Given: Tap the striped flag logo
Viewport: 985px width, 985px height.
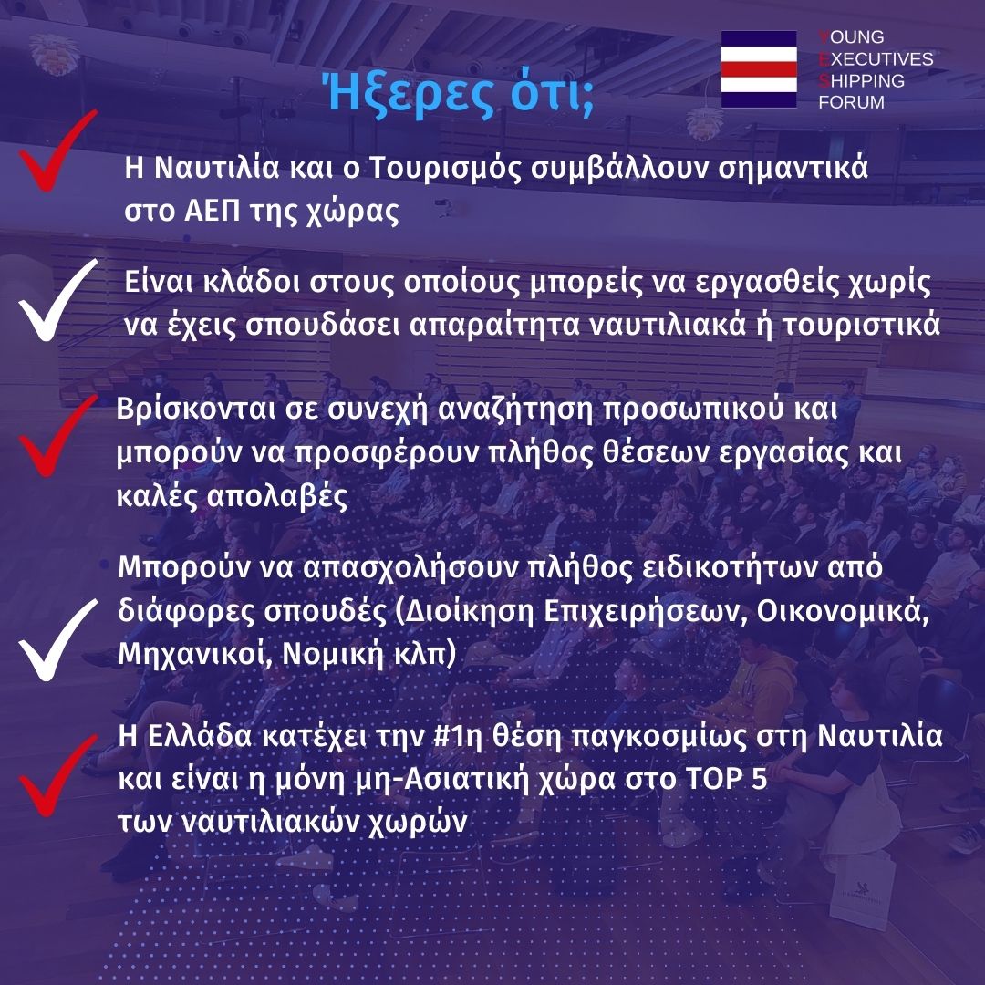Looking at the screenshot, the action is click(759, 69).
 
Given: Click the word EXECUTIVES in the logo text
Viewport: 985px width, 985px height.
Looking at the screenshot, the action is click(876, 59).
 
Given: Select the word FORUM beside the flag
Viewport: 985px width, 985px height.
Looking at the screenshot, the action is click(851, 102).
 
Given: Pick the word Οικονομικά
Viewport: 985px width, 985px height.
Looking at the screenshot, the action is click(843, 611).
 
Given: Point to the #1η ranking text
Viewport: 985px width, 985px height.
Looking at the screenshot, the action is click(458, 736).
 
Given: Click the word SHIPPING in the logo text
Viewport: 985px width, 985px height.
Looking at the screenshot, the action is click(861, 80).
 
